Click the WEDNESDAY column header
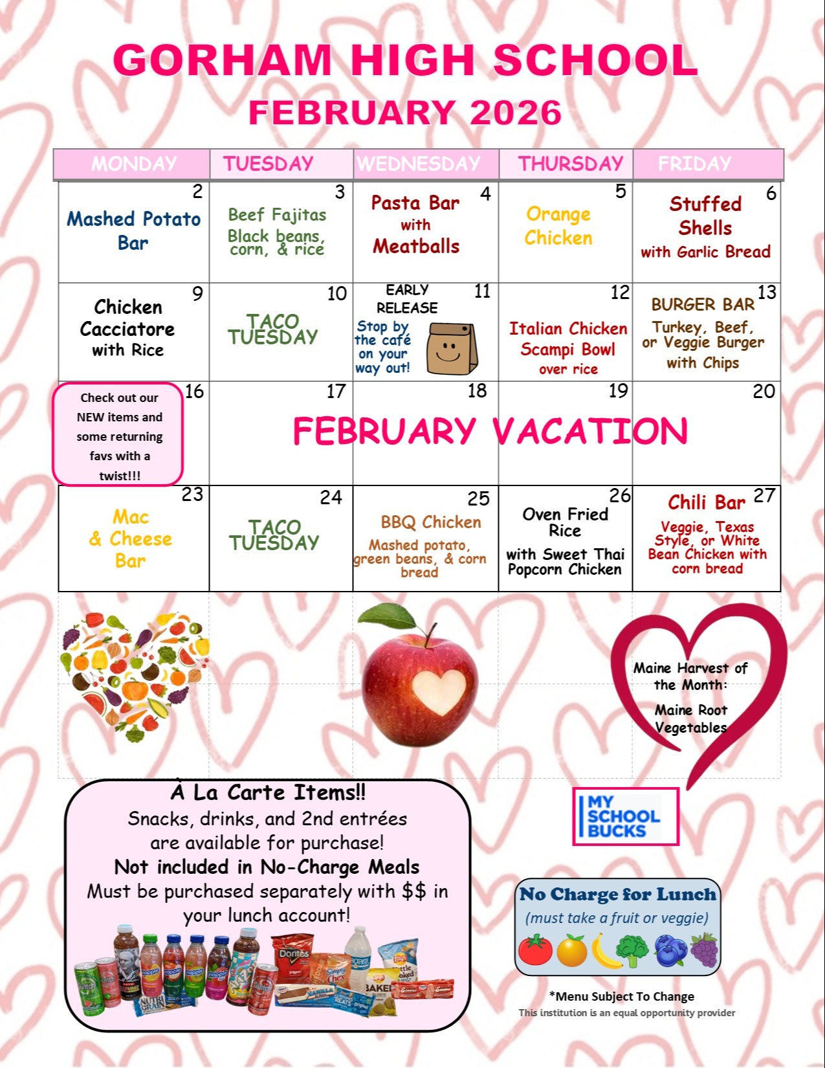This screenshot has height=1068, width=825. click(x=419, y=164)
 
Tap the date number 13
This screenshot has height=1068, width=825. click(x=766, y=293)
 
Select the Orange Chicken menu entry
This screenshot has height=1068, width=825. click(x=558, y=226)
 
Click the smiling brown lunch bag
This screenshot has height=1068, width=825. click(x=452, y=348)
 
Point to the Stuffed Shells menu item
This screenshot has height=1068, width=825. click(x=705, y=216)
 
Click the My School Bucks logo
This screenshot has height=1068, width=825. click(x=625, y=816)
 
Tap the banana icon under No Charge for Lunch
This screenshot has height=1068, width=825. click(x=606, y=951)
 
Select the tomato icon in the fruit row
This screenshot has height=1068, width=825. click(x=535, y=950)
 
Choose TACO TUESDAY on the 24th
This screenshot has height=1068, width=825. click(x=274, y=535)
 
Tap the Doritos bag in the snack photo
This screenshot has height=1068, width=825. click(x=294, y=957)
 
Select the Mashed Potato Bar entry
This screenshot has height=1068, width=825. click(x=133, y=230)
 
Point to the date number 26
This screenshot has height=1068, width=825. click(x=619, y=496)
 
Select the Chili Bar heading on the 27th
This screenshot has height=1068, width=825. click(x=707, y=502)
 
